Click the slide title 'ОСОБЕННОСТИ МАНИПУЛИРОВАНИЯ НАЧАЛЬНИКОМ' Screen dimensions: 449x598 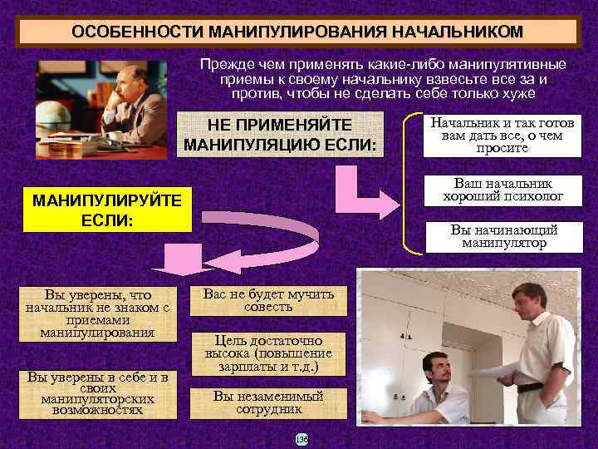click(297, 32)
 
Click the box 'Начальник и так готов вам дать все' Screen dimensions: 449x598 click(502, 135)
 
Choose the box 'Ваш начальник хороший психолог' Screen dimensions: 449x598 click(502, 190)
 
